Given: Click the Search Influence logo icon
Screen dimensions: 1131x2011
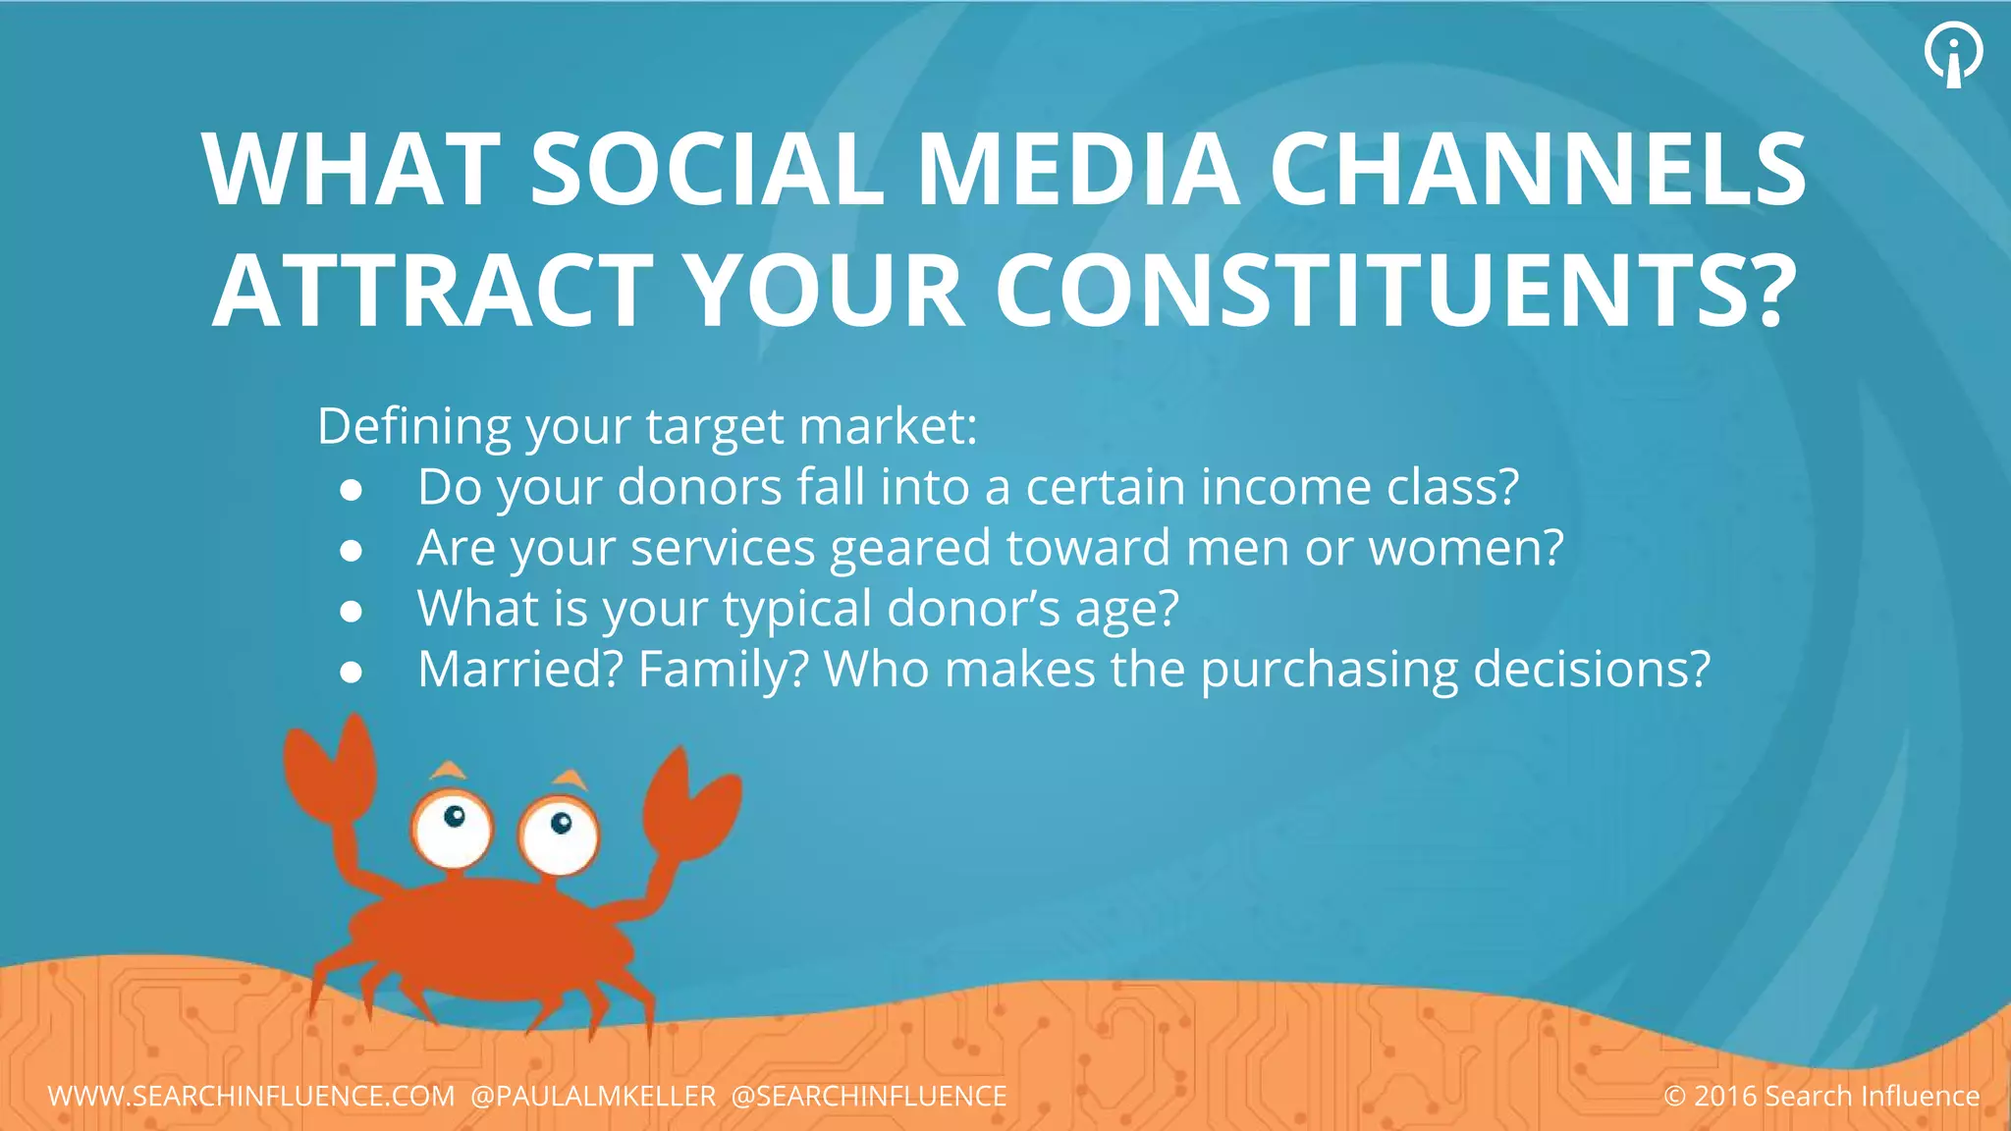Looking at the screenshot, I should click(1953, 54).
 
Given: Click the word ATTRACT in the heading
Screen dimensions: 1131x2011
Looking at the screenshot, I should click(433, 291).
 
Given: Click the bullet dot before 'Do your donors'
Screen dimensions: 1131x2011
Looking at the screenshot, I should click(352, 490).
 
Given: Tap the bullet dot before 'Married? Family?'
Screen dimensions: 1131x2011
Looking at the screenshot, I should click(352, 673).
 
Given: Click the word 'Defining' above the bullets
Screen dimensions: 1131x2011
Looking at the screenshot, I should click(414, 427).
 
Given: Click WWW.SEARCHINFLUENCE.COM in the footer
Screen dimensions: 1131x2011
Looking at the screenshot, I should click(251, 1096).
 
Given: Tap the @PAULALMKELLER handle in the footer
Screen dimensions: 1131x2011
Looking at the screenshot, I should click(594, 1096).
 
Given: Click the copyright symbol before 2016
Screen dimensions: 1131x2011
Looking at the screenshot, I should click(1674, 1096).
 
